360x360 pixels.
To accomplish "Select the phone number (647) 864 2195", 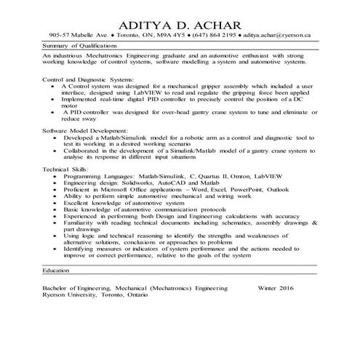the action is click(x=216, y=34).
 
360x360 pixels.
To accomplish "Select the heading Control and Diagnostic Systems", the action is click(x=84, y=78).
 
